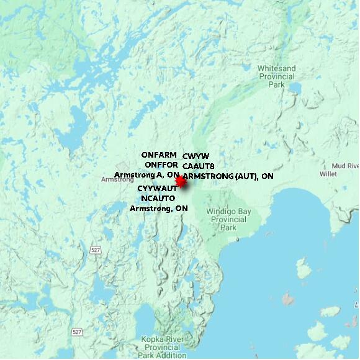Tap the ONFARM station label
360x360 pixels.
click(159, 155)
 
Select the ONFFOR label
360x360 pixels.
click(161, 164)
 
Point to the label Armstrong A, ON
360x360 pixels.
click(146, 174)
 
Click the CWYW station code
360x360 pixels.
click(196, 156)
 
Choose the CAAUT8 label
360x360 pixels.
click(198, 166)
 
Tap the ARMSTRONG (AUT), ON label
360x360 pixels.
click(228, 176)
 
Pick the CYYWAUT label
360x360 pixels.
click(157, 188)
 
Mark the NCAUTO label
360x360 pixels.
click(159, 198)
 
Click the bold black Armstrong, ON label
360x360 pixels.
click(158, 209)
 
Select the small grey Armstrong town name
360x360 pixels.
click(112, 179)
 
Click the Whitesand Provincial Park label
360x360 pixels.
click(276, 76)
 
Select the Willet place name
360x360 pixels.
click(328, 174)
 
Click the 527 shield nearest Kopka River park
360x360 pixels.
click(77, 332)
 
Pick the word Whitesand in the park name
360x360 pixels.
click(276, 68)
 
